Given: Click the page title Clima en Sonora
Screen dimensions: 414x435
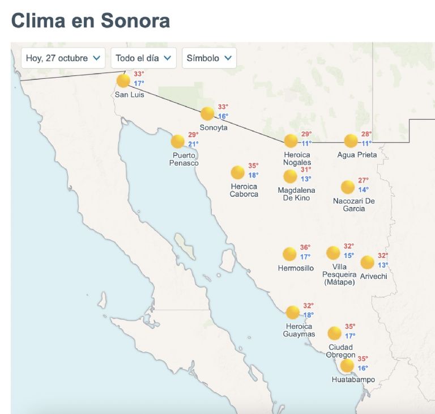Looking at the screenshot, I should [x=91, y=20].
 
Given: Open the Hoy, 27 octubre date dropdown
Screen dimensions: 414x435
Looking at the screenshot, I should [x=63, y=58].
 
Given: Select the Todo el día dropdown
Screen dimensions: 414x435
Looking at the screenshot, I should [x=143, y=58].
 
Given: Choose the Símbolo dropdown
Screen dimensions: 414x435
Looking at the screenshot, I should [x=209, y=58].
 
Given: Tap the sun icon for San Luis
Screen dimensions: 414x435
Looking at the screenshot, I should [x=123, y=81].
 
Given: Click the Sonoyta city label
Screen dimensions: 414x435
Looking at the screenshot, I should [x=214, y=128].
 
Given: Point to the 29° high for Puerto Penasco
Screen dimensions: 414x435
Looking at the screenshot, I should [x=193, y=135].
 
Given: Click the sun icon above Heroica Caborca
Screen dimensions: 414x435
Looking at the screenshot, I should [x=238, y=172].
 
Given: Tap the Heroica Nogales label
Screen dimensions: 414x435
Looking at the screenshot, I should [x=297, y=159].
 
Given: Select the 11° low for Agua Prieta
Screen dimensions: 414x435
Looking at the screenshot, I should [x=366, y=143].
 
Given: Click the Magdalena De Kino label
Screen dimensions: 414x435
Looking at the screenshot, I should [x=296, y=194].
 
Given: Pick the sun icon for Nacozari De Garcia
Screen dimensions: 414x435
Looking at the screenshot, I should [x=348, y=187].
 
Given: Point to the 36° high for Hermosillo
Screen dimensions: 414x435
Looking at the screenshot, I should [x=305, y=247].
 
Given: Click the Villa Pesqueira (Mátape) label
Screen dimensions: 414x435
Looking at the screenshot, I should [x=339, y=274].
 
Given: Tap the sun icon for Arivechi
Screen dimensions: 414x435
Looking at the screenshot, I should [x=368, y=262].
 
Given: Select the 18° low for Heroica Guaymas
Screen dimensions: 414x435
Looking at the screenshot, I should [x=308, y=315].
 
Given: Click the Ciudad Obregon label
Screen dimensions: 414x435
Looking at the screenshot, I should [x=340, y=351].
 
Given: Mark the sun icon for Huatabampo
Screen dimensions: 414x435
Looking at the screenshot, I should [x=347, y=365].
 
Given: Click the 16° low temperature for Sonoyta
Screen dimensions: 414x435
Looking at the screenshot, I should [x=223, y=116].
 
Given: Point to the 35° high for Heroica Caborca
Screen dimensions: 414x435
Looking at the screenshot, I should [x=253, y=166].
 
